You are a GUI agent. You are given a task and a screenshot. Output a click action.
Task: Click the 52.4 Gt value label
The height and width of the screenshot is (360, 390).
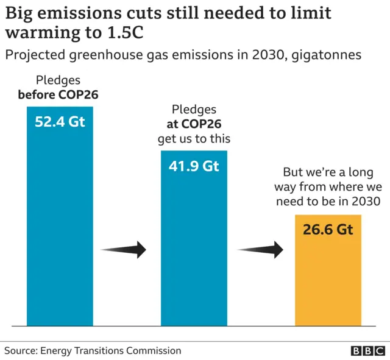tap(60, 121)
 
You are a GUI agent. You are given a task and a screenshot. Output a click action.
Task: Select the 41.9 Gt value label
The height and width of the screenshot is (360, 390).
tap(194, 165)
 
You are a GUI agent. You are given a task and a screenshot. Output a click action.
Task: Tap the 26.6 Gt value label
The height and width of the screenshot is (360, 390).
tap(328, 230)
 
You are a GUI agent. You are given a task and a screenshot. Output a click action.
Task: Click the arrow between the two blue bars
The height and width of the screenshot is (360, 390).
tap(124, 249)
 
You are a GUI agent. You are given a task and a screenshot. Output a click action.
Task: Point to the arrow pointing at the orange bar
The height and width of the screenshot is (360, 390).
tap(261, 249)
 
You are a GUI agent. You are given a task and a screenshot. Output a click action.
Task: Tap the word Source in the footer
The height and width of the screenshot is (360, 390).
tap(20, 350)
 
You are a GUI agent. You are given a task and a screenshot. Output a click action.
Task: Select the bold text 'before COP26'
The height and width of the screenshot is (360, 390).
tap(58, 94)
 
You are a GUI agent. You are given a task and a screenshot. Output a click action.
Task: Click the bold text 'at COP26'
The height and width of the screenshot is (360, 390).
tap(194, 124)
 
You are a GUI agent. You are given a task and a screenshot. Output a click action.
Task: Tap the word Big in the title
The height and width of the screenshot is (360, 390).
tap(19, 13)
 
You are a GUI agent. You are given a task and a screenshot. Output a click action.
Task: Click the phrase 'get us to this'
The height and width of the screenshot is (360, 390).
tap(194, 138)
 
